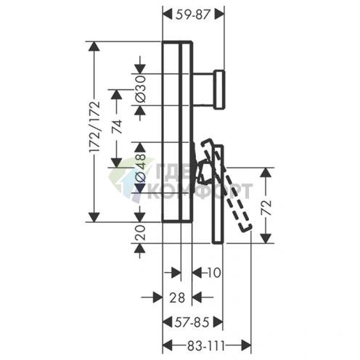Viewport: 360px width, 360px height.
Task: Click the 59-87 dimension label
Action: pyautogui.click(x=192, y=15)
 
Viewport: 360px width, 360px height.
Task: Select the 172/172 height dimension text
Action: pyautogui.click(x=94, y=127)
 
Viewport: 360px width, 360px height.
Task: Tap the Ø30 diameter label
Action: pyautogui.click(x=140, y=89)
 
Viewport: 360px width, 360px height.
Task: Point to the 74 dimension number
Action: pyautogui.click(x=117, y=126)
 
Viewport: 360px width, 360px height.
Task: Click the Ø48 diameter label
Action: pyautogui.click(x=140, y=168)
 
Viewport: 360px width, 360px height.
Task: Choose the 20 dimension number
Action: pyautogui.click(x=140, y=232)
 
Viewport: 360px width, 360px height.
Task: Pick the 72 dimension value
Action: pyautogui.click(x=266, y=208)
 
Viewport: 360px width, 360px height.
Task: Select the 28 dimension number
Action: pyautogui.click(x=177, y=298)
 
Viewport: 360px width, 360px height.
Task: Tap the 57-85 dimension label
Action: pyautogui.click(x=192, y=322)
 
